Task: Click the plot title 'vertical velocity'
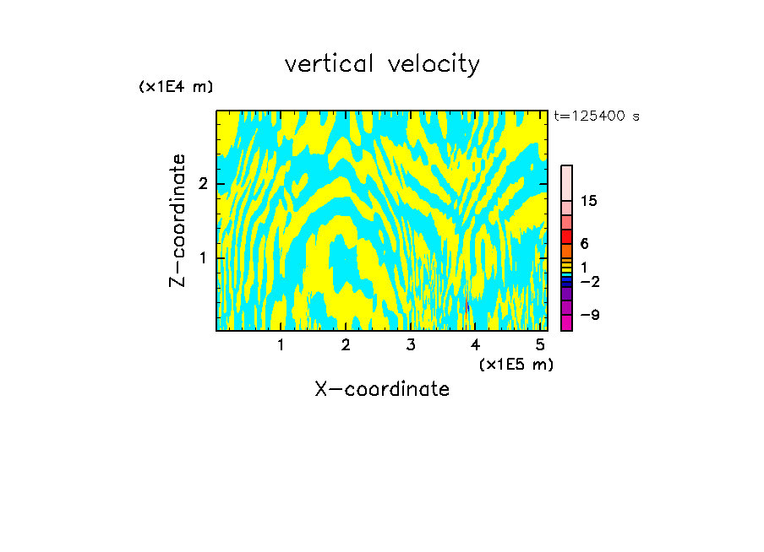pos(382,64)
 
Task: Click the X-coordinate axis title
pos(382,389)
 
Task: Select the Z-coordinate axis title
pos(177,220)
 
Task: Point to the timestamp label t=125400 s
pos(596,116)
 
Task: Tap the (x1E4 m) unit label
pos(176,87)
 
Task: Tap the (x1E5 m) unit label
pos(516,364)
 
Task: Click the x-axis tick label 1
pos(281,345)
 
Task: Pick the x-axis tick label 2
pos(346,345)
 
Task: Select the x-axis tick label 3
pos(411,345)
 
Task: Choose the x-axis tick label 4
pos(475,345)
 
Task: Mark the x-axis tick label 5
pos(540,345)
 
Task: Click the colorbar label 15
pos(589,201)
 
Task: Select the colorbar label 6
pos(584,244)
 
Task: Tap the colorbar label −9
pos(589,316)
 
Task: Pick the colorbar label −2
pos(589,282)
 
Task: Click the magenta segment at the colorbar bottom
pos(566,322)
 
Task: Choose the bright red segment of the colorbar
pos(566,236)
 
